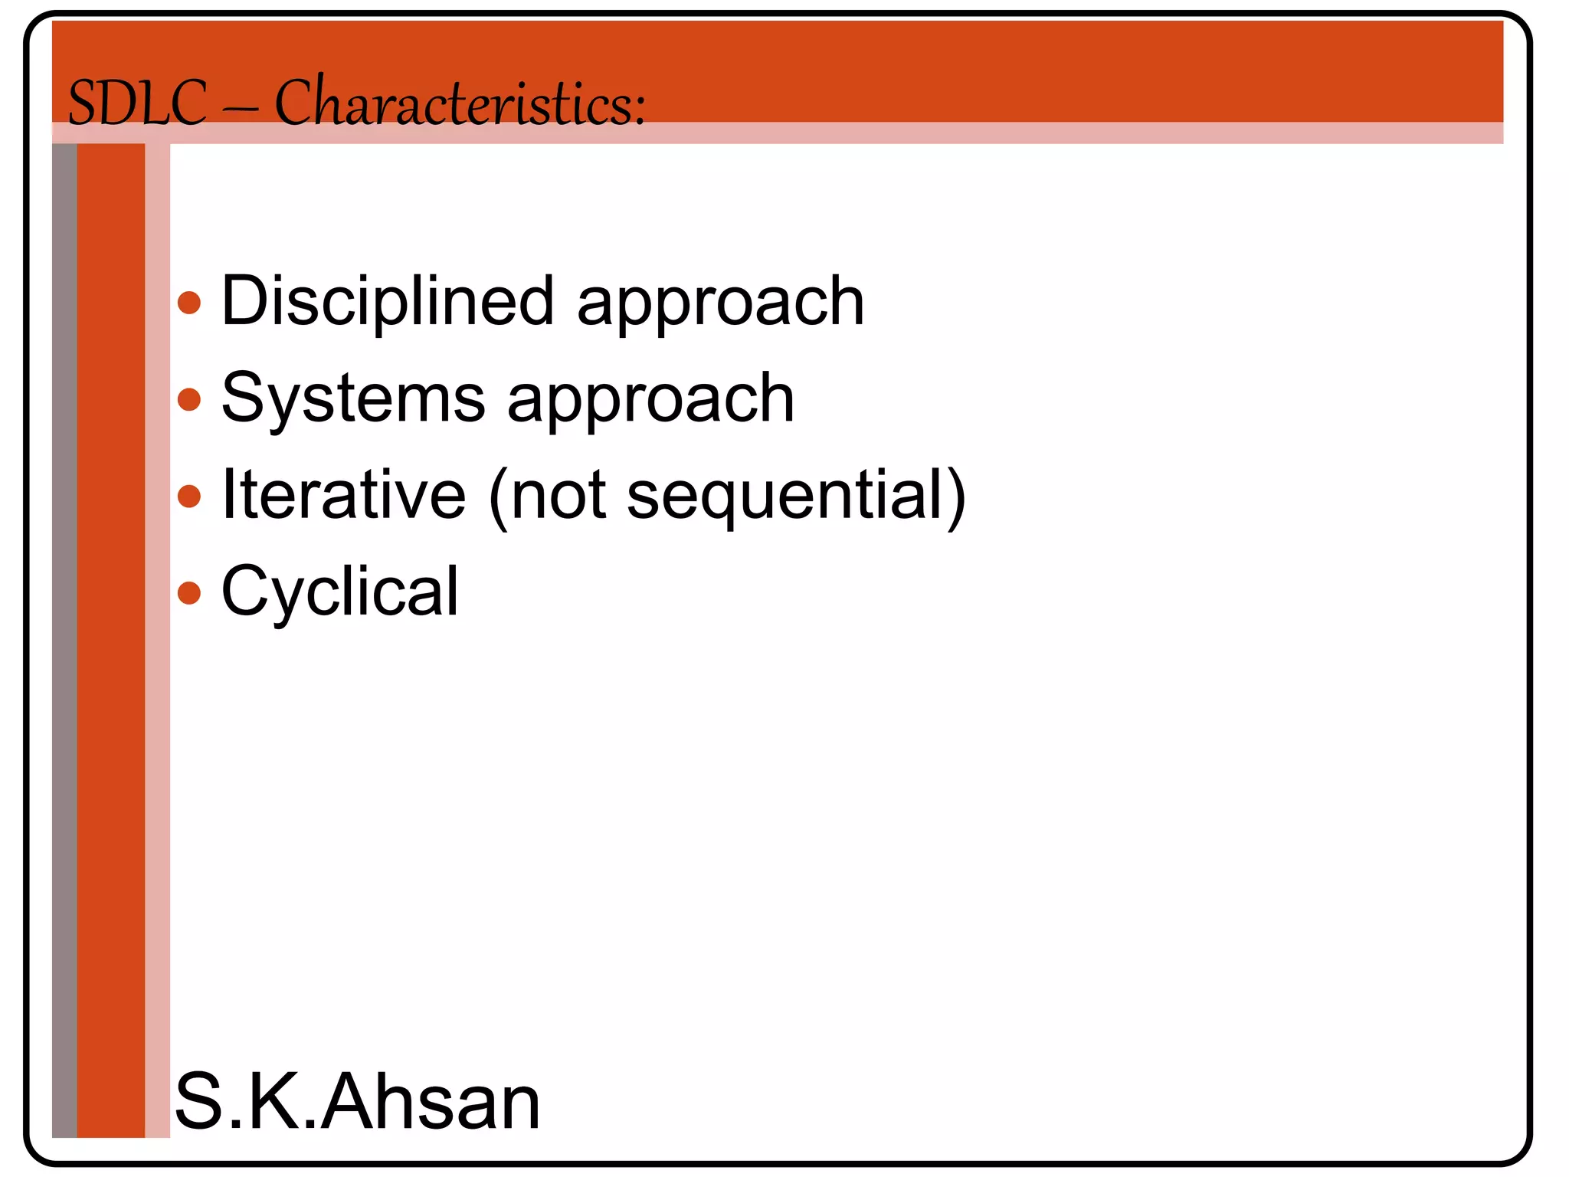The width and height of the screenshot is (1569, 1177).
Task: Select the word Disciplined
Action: (387, 300)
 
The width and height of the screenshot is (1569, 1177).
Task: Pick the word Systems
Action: (353, 398)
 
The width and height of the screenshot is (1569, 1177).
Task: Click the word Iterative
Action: (343, 494)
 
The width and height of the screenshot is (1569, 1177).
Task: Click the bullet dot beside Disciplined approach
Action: (189, 302)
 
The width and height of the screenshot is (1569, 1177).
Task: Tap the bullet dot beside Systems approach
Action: (189, 399)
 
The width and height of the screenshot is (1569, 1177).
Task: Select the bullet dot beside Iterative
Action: (189, 496)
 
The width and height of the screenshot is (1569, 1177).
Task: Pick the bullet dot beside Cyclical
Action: (189, 592)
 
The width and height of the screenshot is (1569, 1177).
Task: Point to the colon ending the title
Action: (638, 112)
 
